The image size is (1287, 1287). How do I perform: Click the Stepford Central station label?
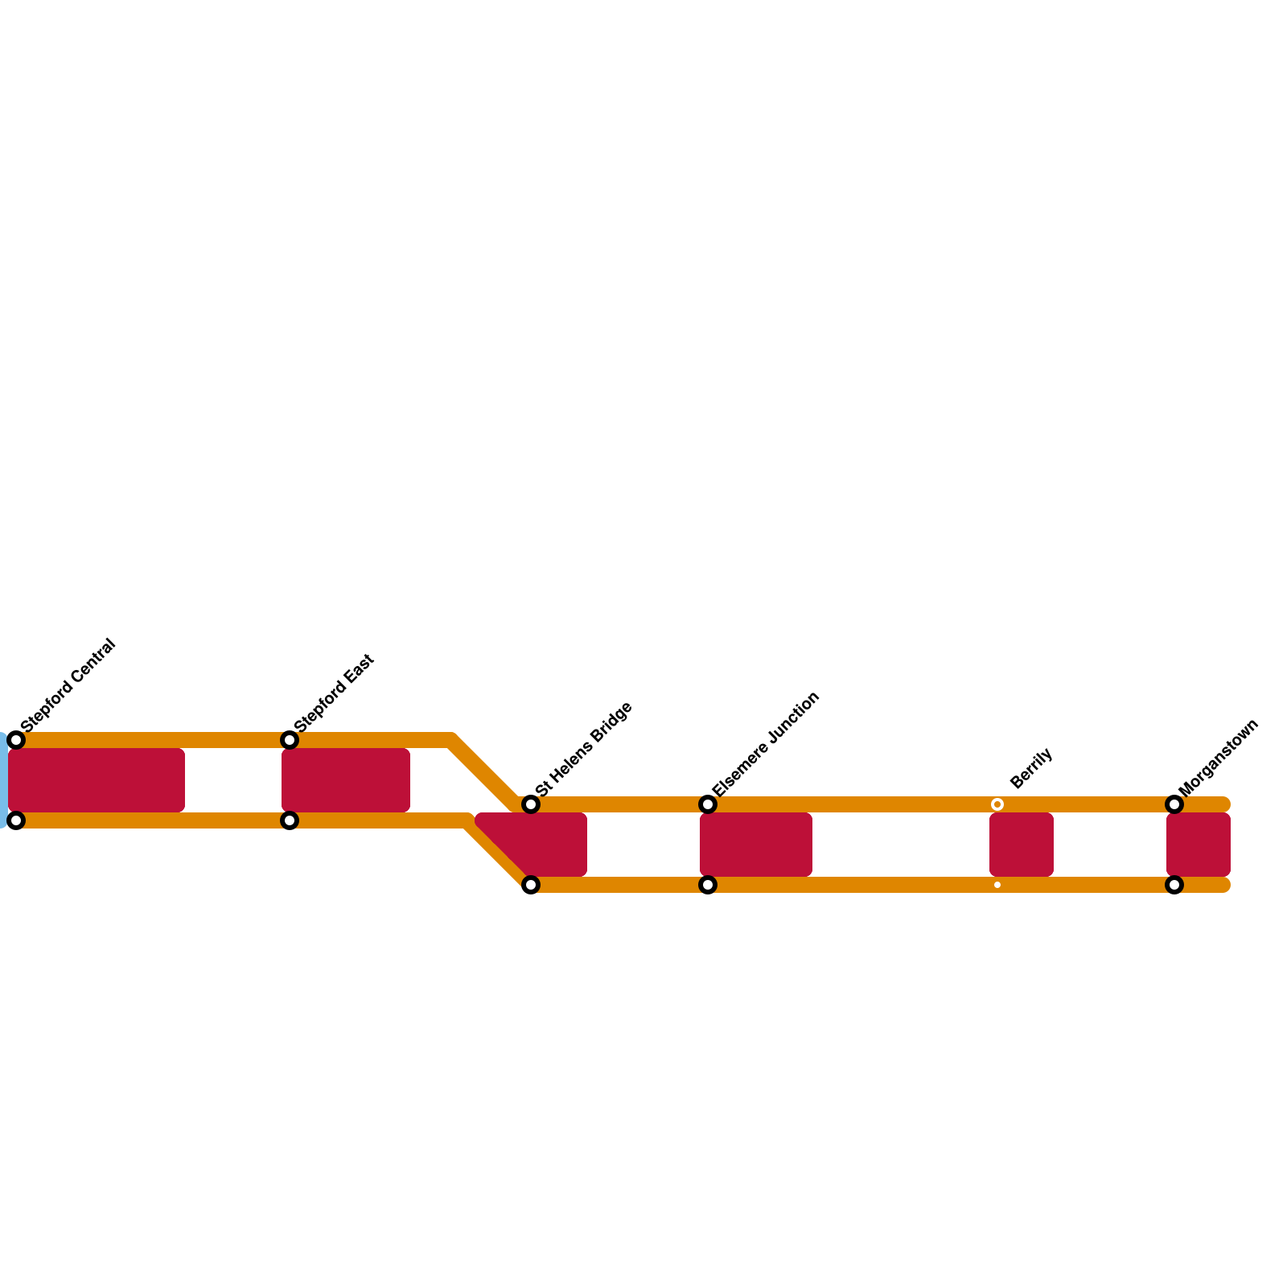tap(69, 685)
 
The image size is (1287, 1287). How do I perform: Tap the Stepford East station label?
tap(335, 693)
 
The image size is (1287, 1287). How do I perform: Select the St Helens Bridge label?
tap(584, 749)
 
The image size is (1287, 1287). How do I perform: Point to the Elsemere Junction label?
tap(766, 743)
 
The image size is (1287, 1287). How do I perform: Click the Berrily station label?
tap(1030, 768)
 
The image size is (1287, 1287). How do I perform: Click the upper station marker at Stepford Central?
tap(16, 740)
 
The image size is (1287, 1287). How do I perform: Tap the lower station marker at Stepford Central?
tap(16, 820)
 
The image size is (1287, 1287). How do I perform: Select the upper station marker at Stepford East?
tap(290, 740)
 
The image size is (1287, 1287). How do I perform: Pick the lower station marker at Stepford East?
tap(290, 820)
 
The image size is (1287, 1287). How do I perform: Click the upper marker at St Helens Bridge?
tap(531, 804)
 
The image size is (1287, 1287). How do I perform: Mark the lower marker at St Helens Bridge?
tap(531, 885)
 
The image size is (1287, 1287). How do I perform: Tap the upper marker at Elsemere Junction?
tap(708, 804)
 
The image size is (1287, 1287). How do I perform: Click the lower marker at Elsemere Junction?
tap(708, 885)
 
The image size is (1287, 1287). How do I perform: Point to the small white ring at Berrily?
tap(997, 804)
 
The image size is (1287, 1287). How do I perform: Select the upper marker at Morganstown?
tap(1174, 804)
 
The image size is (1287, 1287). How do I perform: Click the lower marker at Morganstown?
tap(1174, 885)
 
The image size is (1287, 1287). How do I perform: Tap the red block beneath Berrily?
tap(1022, 845)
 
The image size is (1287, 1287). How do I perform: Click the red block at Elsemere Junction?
tap(756, 845)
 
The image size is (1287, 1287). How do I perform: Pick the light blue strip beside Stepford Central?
tap(3, 780)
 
